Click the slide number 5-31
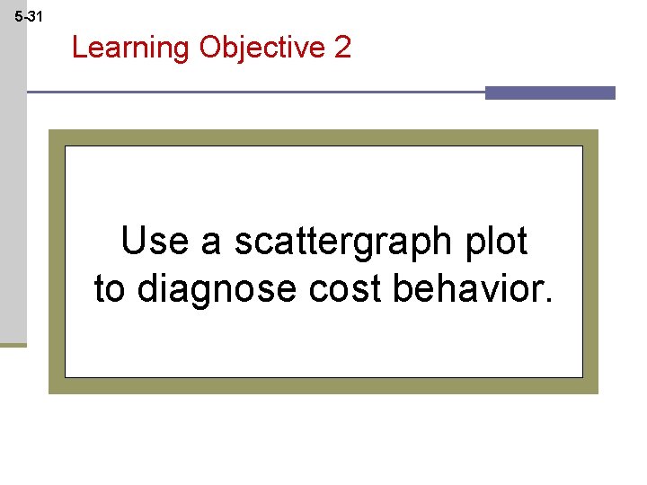(x=28, y=16)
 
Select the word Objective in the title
(x=262, y=48)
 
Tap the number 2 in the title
(x=342, y=47)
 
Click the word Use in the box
(x=154, y=242)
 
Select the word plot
(x=496, y=242)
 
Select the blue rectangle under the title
(x=550, y=93)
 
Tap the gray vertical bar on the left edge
(x=13, y=180)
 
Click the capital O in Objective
(x=211, y=47)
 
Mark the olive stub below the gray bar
(x=13, y=344)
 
